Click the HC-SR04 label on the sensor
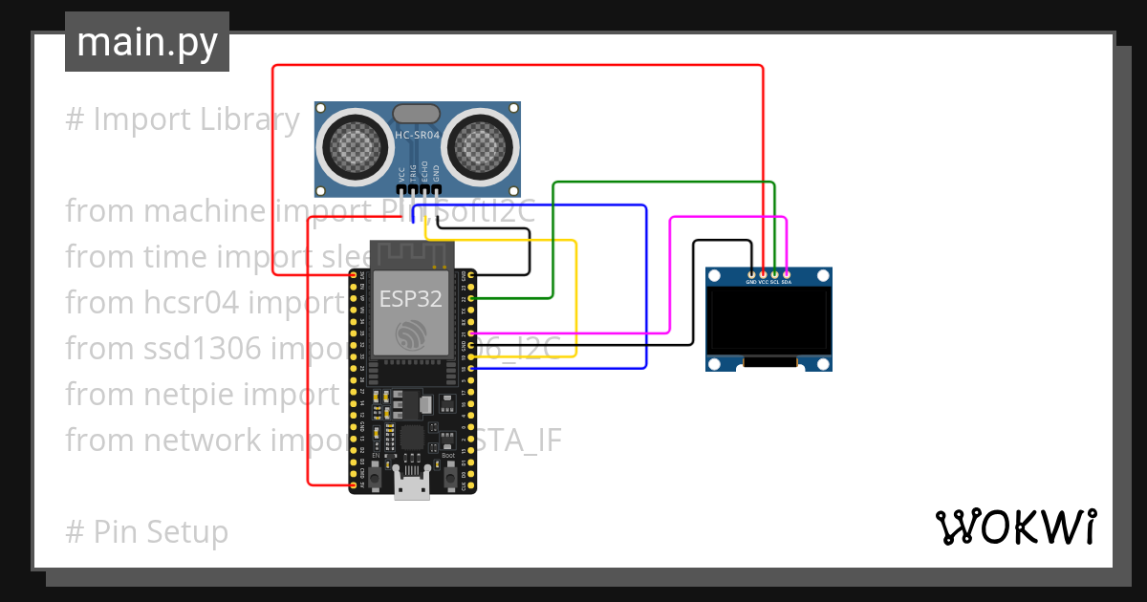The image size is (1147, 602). (418, 136)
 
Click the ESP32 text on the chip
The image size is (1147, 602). (410, 299)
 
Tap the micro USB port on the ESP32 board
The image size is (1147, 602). (412, 487)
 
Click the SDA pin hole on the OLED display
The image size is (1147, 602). (787, 275)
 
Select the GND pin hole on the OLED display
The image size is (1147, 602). (751, 275)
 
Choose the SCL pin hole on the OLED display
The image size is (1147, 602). (774, 275)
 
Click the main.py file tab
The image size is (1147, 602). (147, 42)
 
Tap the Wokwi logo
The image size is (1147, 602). (1015, 527)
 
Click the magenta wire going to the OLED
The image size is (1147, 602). (726, 218)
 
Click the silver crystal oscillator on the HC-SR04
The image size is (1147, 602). (418, 115)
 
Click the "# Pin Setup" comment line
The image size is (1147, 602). (147, 531)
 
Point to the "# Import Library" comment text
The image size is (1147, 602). (183, 119)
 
